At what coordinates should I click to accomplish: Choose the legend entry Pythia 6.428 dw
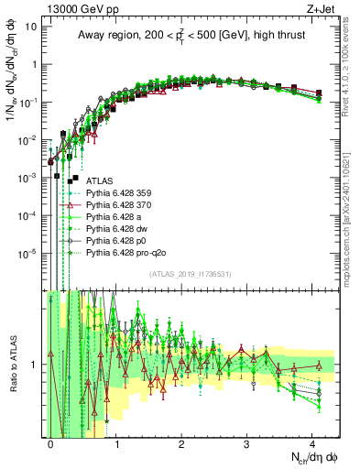click(x=119, y=234)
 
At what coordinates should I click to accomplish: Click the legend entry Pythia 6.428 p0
click(x=119, y=248)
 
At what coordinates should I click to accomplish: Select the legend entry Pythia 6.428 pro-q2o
click(x=127, y=262)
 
